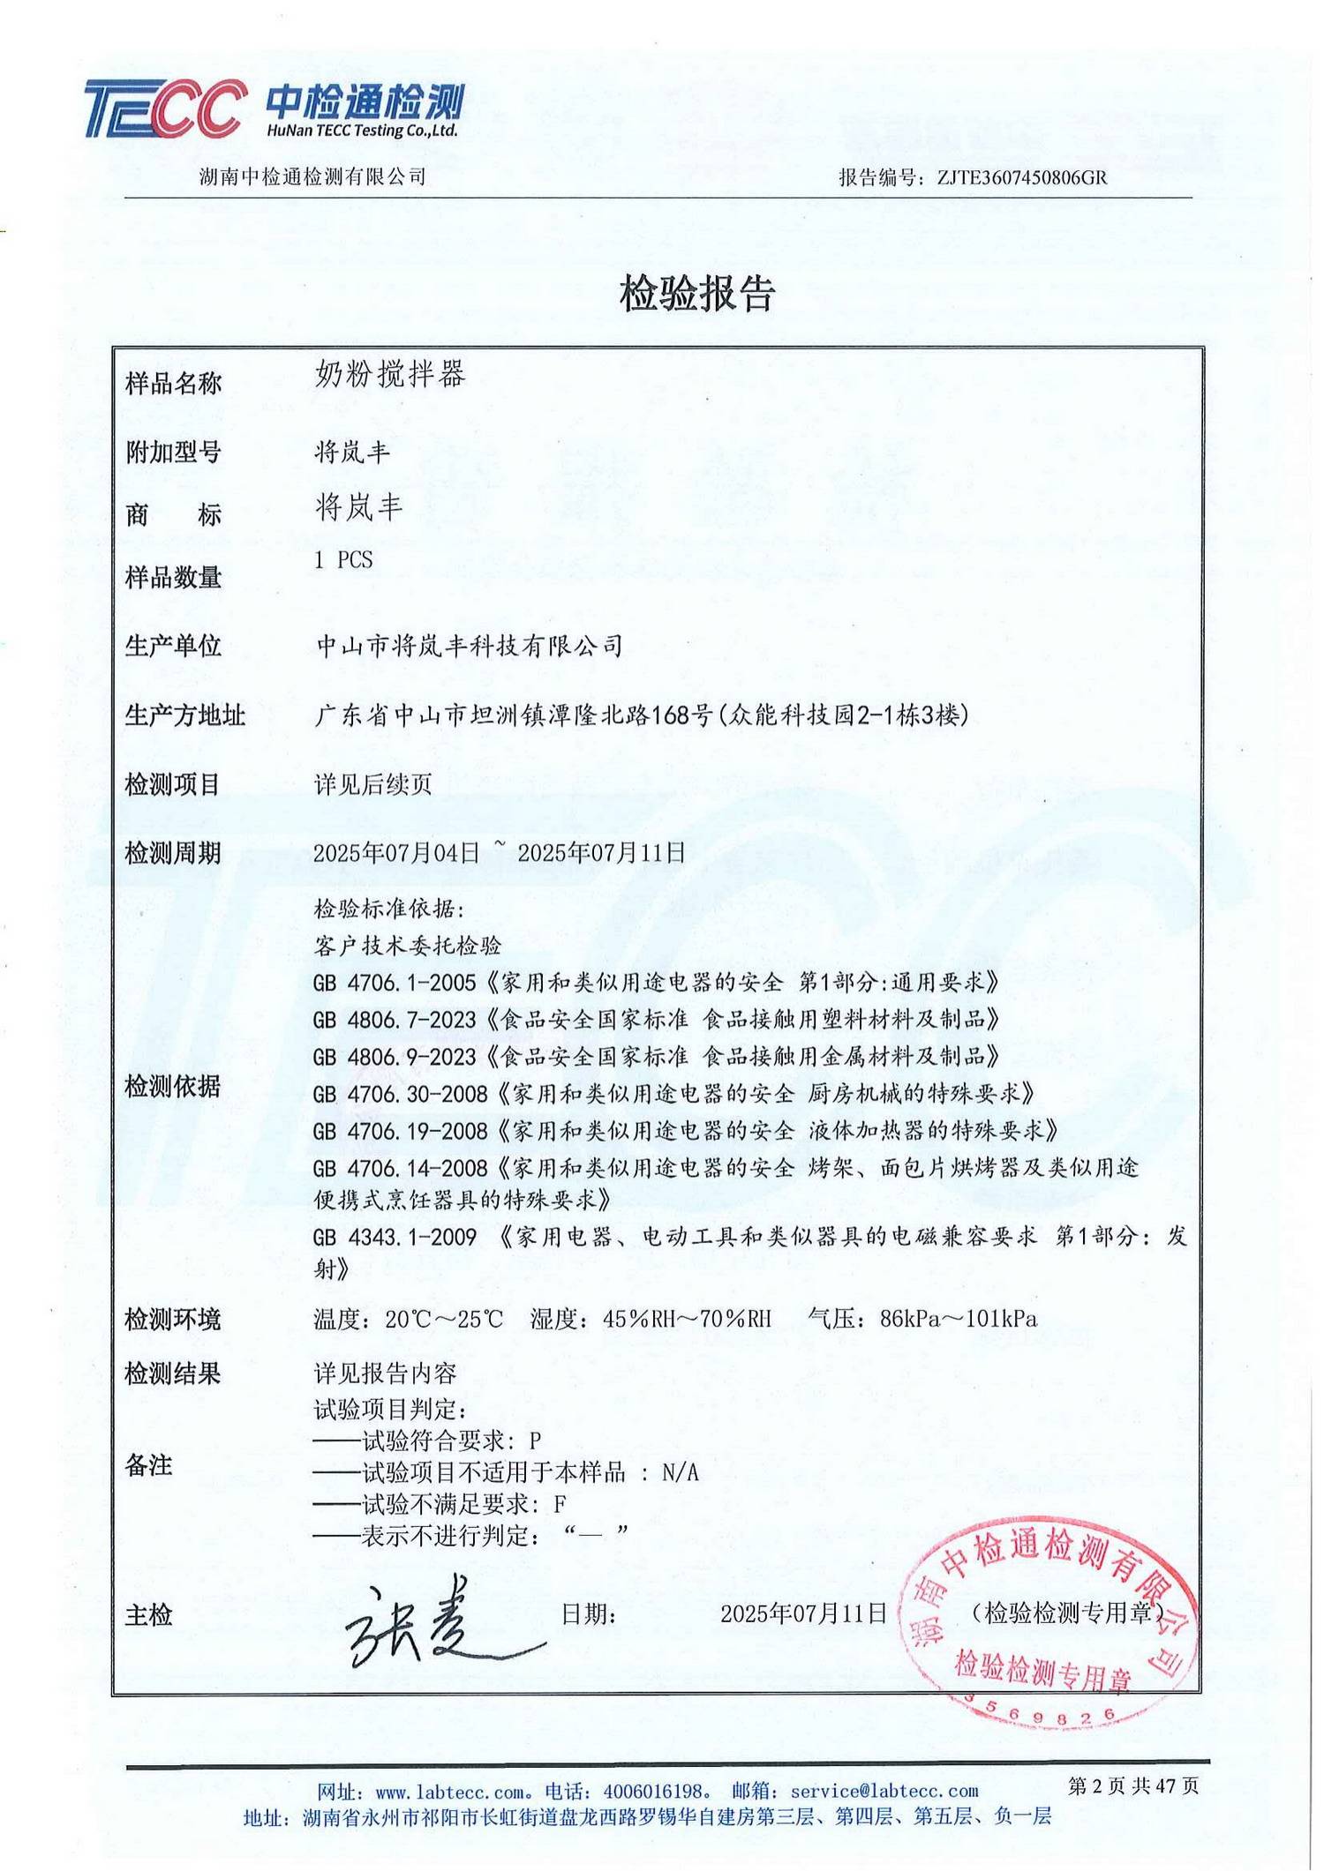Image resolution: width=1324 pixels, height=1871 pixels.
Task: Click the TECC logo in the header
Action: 164,109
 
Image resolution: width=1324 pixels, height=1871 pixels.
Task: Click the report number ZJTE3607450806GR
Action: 1021,177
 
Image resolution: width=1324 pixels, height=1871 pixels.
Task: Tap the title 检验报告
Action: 696,293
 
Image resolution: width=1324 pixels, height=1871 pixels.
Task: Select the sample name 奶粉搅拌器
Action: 389,375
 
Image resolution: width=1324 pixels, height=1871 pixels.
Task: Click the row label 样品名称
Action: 173,384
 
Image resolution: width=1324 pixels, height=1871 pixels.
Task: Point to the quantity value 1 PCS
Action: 343,560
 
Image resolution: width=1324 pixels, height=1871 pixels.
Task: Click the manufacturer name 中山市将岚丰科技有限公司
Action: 469,647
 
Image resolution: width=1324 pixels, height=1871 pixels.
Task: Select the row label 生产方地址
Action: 184,715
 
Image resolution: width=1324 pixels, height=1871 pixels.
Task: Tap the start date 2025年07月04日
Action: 396,853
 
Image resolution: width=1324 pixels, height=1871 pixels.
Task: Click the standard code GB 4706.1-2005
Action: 395,983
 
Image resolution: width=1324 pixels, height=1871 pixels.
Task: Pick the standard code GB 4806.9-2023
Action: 395,1057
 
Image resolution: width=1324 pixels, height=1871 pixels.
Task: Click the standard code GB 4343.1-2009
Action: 395,1237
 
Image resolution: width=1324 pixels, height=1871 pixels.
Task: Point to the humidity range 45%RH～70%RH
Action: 687,1319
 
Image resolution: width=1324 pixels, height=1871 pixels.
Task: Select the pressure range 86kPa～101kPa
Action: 958,1319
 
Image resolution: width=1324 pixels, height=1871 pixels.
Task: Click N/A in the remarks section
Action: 680,1472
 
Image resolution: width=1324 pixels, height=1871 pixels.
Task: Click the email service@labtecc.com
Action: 884,1792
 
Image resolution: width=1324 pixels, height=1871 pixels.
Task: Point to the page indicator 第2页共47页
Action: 1132,1786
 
